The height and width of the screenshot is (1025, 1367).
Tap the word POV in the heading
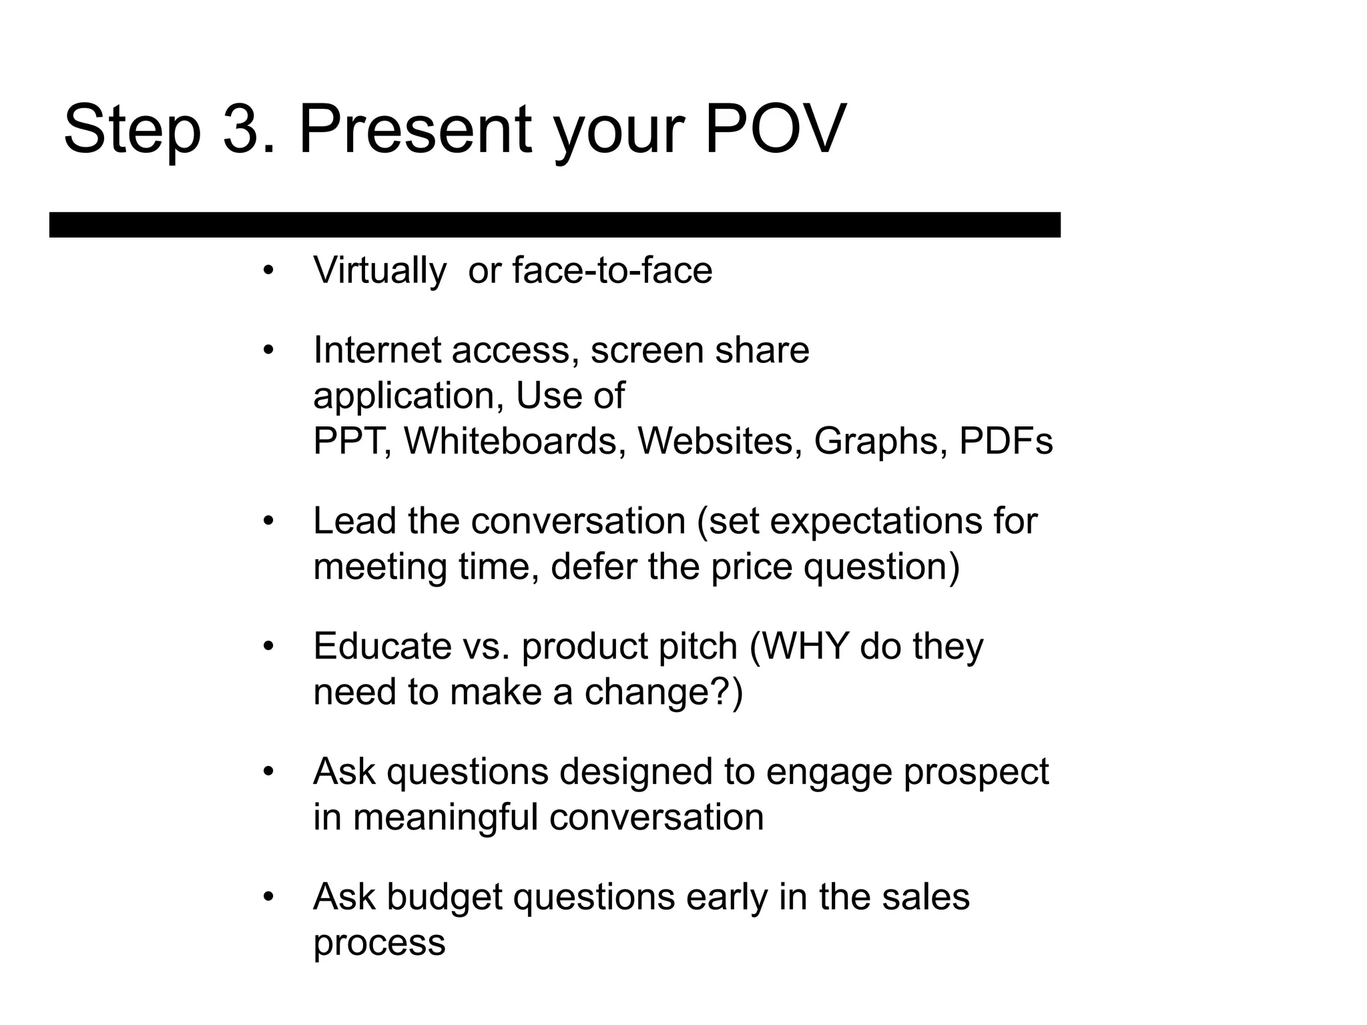(x=775, y=128)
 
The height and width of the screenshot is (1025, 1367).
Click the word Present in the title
(x=415, y=128)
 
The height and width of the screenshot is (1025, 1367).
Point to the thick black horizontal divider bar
(x=555, y=225)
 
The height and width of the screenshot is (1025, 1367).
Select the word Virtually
(x=379, y=271)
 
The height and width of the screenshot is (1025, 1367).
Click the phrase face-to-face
(x=612, y=271)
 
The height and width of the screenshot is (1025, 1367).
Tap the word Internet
(x=377, y=350)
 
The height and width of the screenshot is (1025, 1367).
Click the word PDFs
(x=1005, y=441)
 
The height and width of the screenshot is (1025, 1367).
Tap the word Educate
(x=382, y=646)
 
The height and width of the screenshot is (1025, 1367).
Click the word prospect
(x=976, y=773)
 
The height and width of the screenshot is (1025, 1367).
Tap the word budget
(x=444, y=898)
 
